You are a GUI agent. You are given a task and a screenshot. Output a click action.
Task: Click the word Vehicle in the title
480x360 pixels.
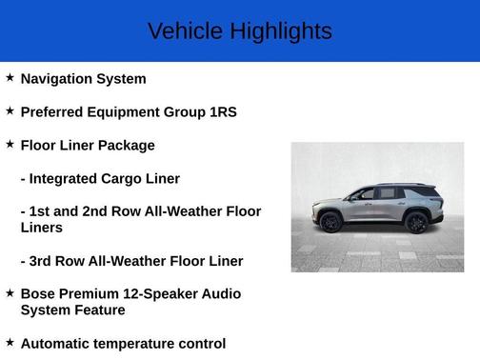(178, 31)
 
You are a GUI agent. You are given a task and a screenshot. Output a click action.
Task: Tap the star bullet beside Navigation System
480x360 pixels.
(10, 78)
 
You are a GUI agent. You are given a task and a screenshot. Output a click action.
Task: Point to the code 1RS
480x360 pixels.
(223, 112)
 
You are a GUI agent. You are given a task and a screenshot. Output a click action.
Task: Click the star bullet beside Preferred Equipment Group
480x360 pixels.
(10, 111)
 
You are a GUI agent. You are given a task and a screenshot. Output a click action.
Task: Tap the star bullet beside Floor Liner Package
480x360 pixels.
(10, 145)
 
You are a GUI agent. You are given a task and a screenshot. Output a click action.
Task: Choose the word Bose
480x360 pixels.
(39, 294)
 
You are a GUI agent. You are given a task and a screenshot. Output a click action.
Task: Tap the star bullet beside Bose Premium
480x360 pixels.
(10, 293)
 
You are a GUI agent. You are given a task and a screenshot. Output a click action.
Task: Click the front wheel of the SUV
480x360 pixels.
(330, 222)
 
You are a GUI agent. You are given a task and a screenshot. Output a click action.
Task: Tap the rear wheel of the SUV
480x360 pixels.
(415, 222)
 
